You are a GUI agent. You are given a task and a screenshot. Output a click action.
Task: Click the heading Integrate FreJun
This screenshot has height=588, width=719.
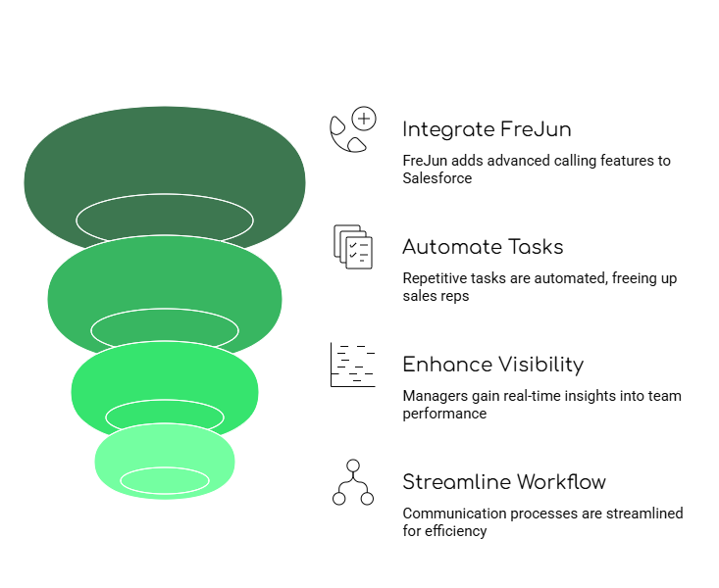pos(487,129)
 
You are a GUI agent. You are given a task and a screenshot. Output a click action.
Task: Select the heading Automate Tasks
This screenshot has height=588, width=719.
pos(483,247)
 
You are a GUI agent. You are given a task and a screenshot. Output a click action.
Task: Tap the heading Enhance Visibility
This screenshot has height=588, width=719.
pos(492,365)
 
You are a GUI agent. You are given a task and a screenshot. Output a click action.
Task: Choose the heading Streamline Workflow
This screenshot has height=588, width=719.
pos(503,482)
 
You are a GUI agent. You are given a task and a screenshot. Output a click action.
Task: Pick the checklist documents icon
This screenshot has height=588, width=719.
pos(353,246)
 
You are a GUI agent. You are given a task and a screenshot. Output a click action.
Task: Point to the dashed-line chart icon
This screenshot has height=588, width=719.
pos(352,365)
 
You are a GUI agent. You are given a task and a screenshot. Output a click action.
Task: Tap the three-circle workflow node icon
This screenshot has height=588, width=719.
pos(353,482)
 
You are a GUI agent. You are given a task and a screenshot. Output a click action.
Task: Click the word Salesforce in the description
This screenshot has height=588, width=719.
pos(437,178)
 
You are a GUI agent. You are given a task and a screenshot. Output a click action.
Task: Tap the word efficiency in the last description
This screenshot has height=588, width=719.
pos(456,531)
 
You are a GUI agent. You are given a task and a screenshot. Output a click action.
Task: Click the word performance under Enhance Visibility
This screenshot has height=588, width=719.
pos(444,414)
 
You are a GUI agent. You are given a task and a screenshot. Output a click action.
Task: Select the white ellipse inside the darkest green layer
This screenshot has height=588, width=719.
pos(165,219)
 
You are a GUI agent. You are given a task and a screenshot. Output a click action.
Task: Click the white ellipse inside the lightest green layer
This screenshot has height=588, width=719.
pos(165,480)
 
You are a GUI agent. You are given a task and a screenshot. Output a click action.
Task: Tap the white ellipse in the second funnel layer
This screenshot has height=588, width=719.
pos(165,328)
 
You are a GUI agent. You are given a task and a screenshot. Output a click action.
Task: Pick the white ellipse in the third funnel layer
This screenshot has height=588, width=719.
pos(165,416)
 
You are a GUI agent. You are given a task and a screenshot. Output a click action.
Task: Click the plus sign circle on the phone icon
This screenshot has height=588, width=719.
pos(364,121)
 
